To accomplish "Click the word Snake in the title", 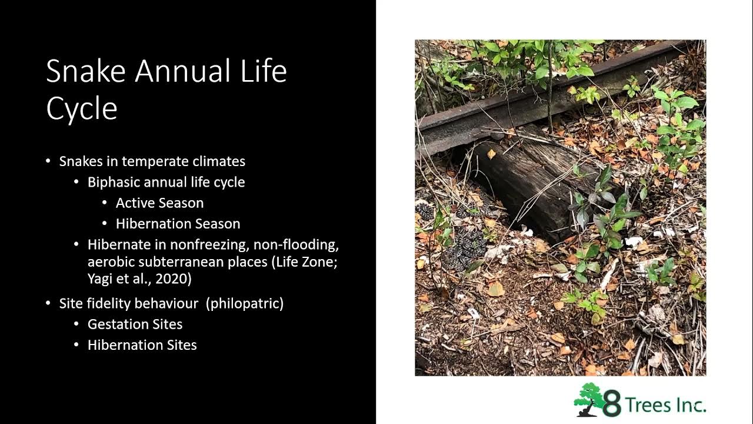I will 86,72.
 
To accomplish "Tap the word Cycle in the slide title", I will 82,109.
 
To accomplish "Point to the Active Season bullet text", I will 159,203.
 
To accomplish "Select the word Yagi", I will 101,279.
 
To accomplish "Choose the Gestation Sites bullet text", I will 135,324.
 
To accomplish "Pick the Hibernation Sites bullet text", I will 142,344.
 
